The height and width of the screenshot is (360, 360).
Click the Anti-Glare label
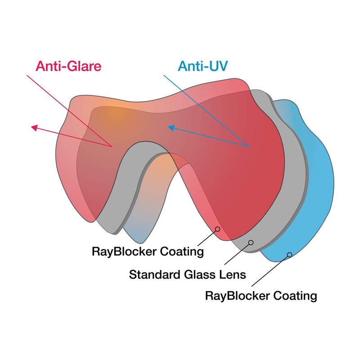[x=69, y=67]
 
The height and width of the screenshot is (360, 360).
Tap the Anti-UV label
[x=203, y=67]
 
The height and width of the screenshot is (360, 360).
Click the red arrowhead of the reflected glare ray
[x=34, y=127]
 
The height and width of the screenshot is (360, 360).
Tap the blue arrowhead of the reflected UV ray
[x=171, y=128]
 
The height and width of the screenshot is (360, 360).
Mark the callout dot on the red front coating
[x=217, y=229]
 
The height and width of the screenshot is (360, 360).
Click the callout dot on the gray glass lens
[x=251, y=243]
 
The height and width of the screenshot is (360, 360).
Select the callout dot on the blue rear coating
[x=289, y=255]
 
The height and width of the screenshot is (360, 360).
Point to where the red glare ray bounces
[x=112, y=146]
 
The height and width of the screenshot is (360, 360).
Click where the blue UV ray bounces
[x=249, y=146]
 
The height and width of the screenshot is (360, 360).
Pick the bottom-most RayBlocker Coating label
[x=261, y=296]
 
